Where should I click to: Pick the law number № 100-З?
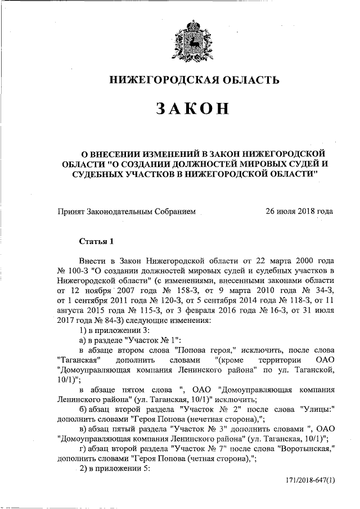70,271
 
